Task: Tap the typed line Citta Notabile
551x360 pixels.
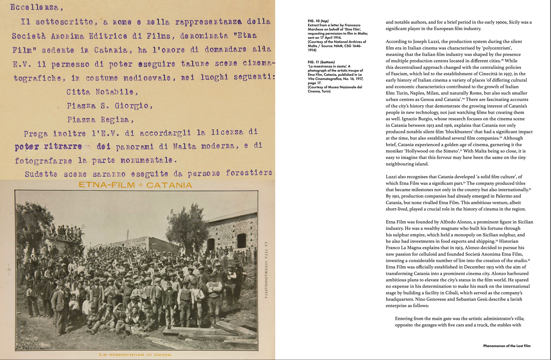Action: click(102, 92)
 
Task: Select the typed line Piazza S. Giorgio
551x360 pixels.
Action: click(110, 106)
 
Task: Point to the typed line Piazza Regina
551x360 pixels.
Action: click(100, 120)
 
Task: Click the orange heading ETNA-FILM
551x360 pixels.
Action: click(107, 185)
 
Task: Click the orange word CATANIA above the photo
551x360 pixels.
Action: click(169, 185)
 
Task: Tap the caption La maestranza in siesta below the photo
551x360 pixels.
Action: click(136, 354)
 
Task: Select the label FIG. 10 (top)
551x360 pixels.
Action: click(318, 21)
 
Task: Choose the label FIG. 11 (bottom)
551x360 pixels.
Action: click(321, 62)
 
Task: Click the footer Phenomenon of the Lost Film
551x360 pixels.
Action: click(507, 346)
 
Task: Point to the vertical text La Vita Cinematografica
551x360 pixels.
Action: click(266, 270)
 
